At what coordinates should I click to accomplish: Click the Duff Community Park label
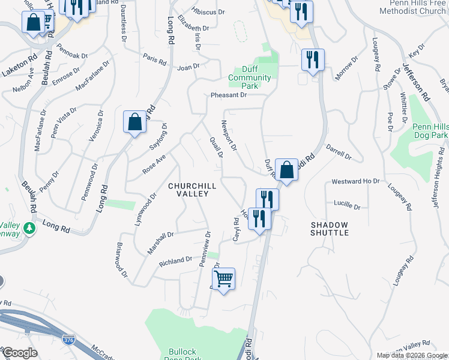(250, 77)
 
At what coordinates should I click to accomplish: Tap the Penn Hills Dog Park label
(430, 131)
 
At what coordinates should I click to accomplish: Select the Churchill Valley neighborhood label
(191, 190)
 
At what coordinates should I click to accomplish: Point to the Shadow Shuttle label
(330, 229)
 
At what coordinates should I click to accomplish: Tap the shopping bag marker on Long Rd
(135, 122)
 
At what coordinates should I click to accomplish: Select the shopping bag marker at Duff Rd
(287, 170)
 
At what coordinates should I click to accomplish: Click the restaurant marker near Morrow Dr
(312, 60)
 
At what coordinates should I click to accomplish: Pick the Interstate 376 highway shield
(68, 340)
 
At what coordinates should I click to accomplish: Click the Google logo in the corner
(19, 352)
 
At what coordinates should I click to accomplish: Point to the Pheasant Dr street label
(229, 95)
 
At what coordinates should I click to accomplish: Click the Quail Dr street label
(216, 146)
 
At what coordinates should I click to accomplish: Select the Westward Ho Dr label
(356, 181)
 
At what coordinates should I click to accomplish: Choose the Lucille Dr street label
(348, 206)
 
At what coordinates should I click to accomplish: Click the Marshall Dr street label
(160, 242)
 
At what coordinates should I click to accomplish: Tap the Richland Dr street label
(175, 261)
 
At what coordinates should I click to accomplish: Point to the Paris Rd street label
(154, 58)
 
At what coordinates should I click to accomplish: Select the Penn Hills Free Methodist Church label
(412, 7)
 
